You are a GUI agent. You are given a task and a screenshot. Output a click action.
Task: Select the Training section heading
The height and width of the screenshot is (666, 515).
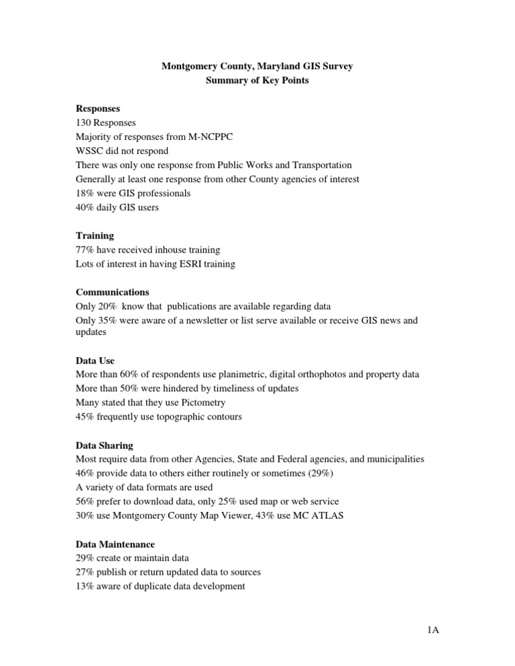point(95,236)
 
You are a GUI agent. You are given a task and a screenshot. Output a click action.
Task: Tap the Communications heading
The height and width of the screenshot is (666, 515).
point(113,292)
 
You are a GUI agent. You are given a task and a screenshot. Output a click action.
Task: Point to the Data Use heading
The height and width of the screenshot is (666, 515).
point(95,360)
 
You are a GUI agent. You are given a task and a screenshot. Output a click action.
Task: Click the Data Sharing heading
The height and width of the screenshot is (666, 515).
point(105,445)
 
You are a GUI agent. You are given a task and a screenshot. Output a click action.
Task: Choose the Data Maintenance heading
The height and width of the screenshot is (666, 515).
point(115,544)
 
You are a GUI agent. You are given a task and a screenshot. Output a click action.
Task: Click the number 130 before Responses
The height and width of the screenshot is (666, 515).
point(84,123)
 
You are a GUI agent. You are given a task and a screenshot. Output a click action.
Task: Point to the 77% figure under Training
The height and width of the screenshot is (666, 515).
point(86,250)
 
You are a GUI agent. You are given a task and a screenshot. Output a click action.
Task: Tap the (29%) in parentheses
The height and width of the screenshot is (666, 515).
point(322,474)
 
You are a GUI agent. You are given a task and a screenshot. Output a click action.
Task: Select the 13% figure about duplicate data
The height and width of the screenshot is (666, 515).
point(86,586)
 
